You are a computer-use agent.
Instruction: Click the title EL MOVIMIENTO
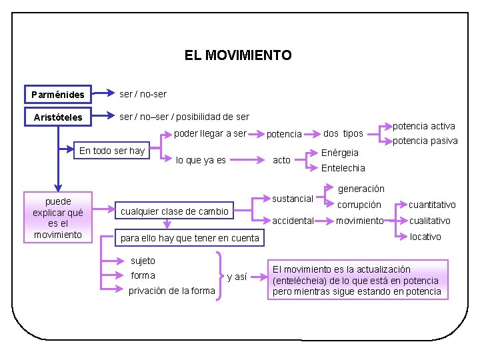tap(238, 55)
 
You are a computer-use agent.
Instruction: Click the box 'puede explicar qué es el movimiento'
tap(58, 217)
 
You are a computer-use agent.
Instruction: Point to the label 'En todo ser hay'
tap(112, 151)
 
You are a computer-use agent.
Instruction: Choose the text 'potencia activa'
tap(423, 126)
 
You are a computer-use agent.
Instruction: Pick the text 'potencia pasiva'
tap(425, 141)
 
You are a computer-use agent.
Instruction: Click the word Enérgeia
tap(340, 153)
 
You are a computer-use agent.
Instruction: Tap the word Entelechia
tap(343, 168)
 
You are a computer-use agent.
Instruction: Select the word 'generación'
tap(361, 189)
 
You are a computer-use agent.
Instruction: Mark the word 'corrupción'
tap(359, 205)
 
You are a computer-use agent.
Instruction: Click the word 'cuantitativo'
tap(432, 205)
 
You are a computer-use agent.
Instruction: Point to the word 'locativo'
tap(425, 237)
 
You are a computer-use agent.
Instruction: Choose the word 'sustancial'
tap(293, 199)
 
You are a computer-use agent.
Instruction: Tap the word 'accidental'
tap(293, 221)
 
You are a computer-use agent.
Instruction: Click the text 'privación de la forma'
tap(172, 290)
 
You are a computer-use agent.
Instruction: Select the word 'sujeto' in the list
tap(143, 261)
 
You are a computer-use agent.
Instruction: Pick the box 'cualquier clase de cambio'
tap(175, 211)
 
